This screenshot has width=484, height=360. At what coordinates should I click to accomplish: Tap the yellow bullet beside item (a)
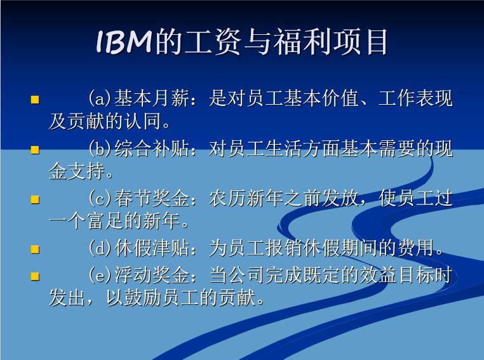coord(36,100)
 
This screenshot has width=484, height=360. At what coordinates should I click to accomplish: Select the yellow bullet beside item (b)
coord(36,150)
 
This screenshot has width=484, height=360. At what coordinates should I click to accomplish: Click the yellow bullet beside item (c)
coord(36,199)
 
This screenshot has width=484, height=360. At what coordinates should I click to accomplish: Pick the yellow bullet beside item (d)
coord(36,250)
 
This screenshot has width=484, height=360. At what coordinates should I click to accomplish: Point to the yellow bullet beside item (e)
coord(36,276)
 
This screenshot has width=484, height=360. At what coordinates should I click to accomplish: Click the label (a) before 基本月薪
coord(100,99)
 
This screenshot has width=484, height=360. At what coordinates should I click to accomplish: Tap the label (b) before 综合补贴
coord(100,149)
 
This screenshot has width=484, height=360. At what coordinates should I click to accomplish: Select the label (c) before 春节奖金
coord(100,199)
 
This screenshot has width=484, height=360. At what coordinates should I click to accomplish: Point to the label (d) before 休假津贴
coord(100,248)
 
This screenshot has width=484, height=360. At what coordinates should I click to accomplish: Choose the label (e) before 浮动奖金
coord(100,276)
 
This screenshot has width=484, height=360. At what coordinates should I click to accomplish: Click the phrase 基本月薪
coord(151,99)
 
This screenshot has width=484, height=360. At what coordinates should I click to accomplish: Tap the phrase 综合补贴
coord(151,149)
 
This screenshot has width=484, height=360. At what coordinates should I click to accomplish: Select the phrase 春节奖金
coord(151,199)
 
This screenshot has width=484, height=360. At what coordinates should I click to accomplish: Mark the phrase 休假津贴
coord(151,248)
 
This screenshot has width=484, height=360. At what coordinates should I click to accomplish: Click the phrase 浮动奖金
coord(151,276)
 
